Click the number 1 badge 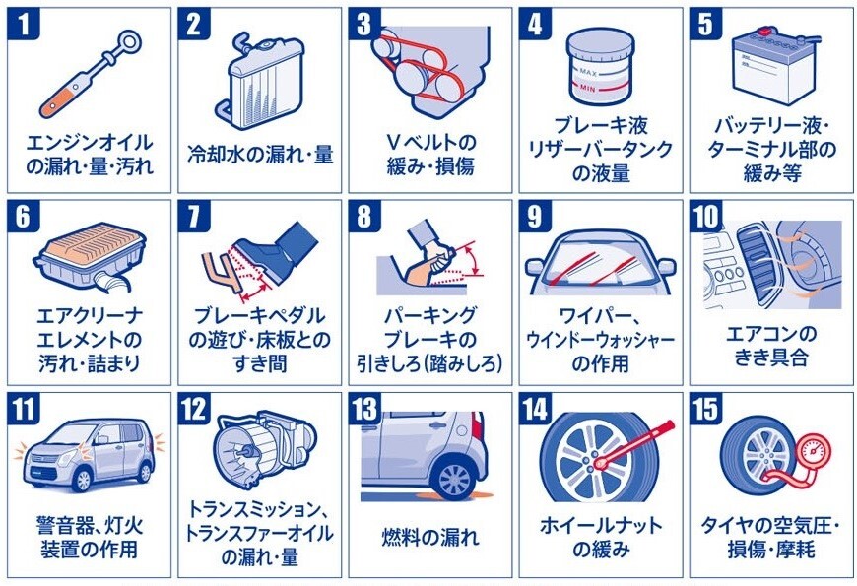[23, 24]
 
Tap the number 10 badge [705, 216]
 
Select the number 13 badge [364, 409]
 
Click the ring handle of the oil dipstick [131, 41]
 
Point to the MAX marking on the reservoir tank [588, 72]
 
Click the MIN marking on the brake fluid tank [588, 88]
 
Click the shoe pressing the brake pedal [273, 249]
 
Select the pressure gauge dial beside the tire [814, 452]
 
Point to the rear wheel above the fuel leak [455, 480]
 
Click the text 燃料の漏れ [430, 537]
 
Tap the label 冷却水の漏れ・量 [260, 155]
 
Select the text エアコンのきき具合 [770, 346]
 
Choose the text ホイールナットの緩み [601, 537]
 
